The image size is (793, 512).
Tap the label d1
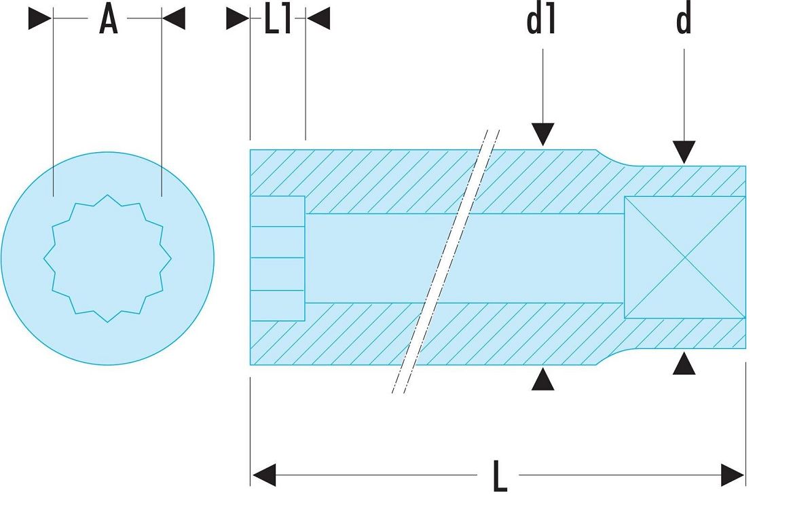[x=542, y=20]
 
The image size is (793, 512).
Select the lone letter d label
[x=683, y=20]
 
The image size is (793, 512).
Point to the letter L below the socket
[x=500, y=476]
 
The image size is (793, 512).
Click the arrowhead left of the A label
[x=40, y=18]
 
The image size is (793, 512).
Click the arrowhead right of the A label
[x=174, y=18]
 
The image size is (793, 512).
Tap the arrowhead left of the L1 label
[x=238, y=18]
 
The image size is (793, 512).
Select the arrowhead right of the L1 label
[x=318, y=18]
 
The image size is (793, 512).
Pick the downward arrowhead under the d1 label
[x=542, y=134]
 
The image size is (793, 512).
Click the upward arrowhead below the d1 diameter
[x=542, y=379]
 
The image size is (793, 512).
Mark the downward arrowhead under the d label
[x=684, y=152]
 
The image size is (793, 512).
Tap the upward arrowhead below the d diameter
[x=684, y=363]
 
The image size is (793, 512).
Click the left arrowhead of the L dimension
[x=264, y=475]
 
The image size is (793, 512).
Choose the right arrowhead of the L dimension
[x=733, y=475]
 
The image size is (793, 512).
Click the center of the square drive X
[x=685, y=257]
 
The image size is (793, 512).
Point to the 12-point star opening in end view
[x=107, y=259]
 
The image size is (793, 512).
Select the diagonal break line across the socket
[x=445, y=261]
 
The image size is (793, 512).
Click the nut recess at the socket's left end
[x=278, y=259]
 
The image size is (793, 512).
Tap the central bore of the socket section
[x=464, y=258]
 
